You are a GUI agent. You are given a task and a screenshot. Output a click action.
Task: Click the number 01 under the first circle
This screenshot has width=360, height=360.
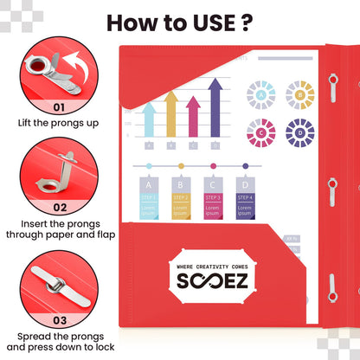pos(59,108)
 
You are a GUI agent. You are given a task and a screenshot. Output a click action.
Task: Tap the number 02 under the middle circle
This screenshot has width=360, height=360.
pos(59,207)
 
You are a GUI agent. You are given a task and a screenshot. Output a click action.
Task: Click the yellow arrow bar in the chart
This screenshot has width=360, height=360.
pos(171,112)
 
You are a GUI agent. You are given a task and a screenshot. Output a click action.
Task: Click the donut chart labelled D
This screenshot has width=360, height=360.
pos(299,132)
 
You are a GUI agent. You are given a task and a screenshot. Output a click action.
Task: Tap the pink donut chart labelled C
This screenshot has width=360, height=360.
pos(260,132)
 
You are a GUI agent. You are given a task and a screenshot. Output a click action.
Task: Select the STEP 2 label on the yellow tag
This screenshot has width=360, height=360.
pos(180,198)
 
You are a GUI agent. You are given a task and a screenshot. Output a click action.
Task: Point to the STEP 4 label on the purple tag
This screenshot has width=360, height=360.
pos(245,198)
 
